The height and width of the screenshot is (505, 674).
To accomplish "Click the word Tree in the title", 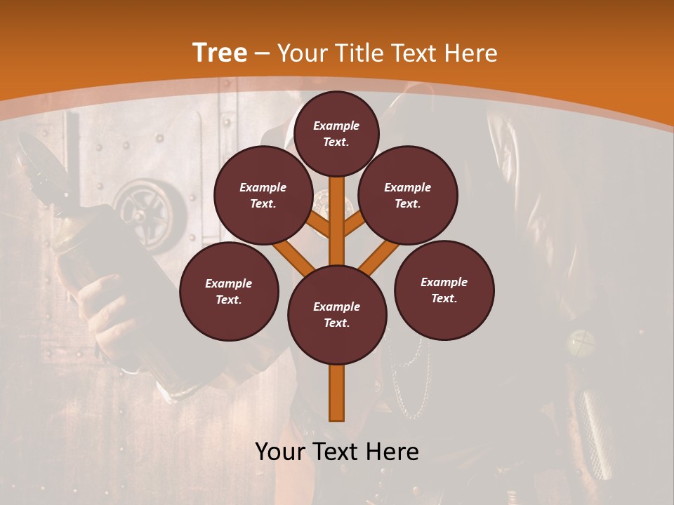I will [x=220, y=53].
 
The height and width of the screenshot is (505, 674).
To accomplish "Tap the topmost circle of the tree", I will [x=336, y=133].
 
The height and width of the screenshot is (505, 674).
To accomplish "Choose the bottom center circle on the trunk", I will [x=337, y=315].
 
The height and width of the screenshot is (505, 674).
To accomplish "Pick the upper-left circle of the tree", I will [x=263, y=196].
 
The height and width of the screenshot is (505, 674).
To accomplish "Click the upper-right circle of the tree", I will [x=408, y=196].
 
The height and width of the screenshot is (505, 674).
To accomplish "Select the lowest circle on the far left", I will [x=229, y=292].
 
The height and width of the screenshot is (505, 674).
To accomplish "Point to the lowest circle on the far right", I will [x=444, y=290].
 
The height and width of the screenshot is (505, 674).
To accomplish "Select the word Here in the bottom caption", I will [x=395, y=452].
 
